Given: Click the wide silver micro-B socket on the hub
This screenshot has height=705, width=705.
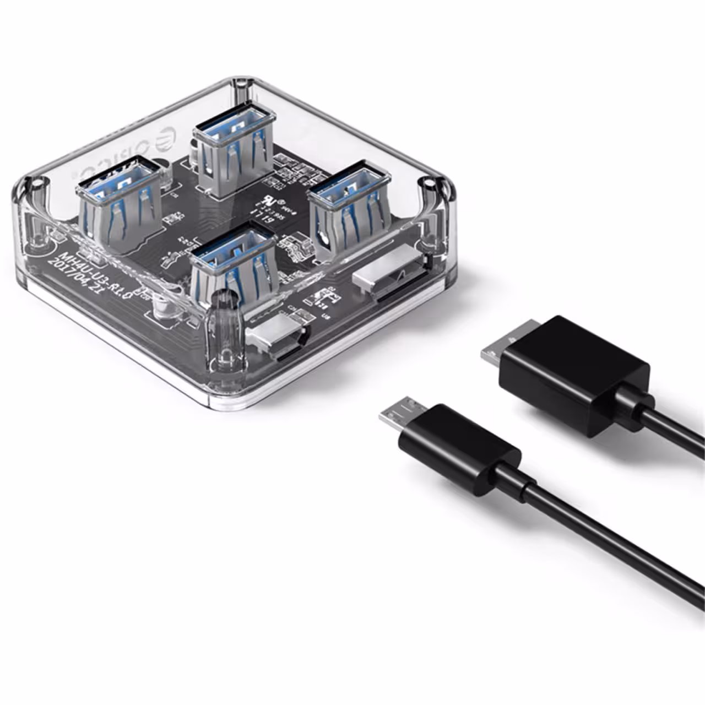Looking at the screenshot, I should [x=391, y=279].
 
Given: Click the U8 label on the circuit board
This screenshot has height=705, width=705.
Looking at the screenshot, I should [x=326, y=316].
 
